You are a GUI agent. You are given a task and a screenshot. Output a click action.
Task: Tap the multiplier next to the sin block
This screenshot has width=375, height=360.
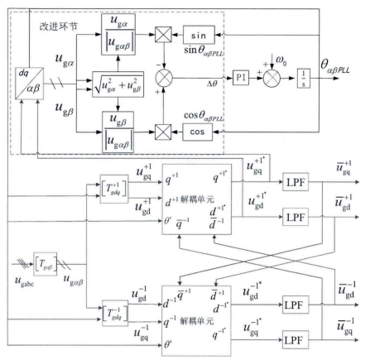coord(156,38)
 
